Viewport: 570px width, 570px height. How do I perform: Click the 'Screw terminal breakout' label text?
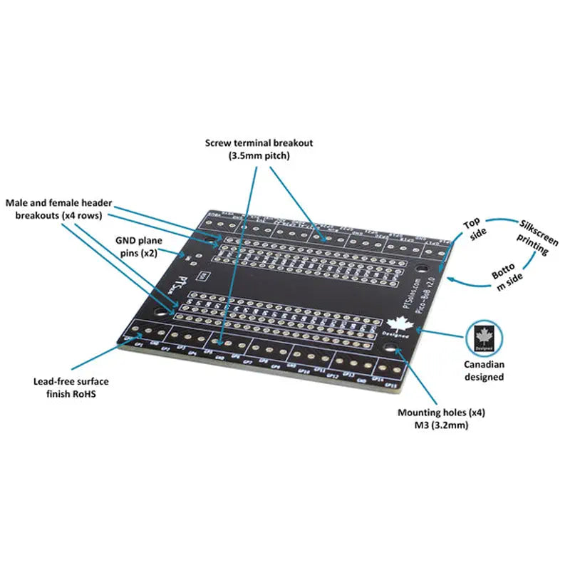259,142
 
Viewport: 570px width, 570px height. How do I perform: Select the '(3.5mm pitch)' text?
259,155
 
